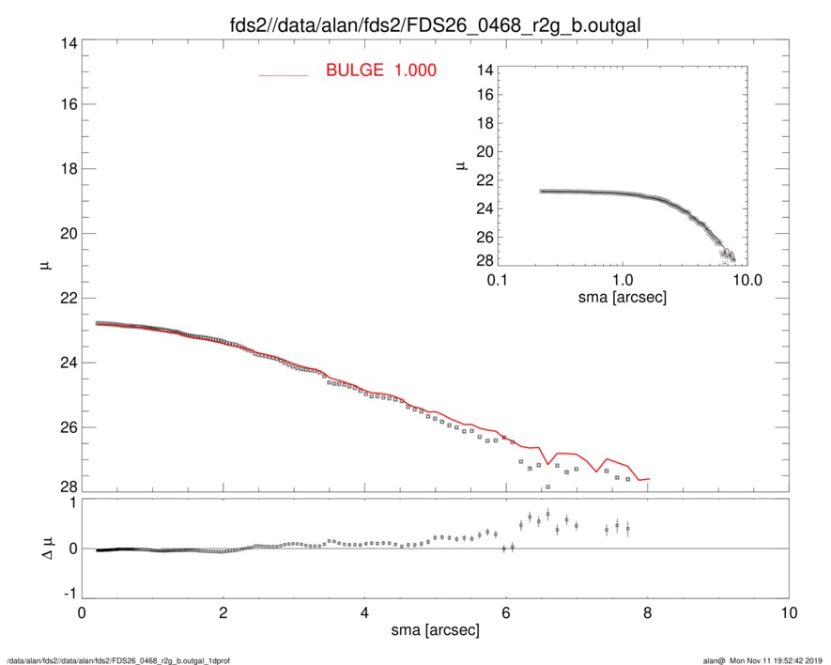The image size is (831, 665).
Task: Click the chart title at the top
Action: point(414,22)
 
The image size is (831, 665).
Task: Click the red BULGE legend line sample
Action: point(284,74)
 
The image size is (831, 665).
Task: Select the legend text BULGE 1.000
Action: point(380,70)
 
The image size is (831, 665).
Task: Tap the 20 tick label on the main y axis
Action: point(64,233)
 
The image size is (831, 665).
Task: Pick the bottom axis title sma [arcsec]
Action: point(435,630)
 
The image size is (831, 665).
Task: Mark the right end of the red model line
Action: point(649,479)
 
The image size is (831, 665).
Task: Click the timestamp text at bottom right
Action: point(762,660)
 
